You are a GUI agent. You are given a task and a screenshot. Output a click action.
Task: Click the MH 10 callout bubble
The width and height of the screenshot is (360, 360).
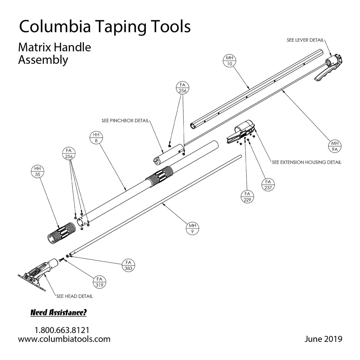pos(229,60)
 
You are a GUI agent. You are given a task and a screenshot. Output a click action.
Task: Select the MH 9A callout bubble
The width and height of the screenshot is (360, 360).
pos(335,146)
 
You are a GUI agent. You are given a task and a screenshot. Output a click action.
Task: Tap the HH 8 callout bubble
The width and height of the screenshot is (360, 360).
pos(96,138)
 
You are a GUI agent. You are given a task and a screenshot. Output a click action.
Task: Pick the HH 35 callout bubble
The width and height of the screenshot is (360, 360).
pos(38,172)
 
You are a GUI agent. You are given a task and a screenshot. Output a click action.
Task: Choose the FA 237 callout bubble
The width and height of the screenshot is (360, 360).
pos(268,184)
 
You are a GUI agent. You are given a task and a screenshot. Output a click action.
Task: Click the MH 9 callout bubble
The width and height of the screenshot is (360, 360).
pos(192,229)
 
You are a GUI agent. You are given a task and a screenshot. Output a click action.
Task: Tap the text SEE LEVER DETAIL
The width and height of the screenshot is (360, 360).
pos(305,40)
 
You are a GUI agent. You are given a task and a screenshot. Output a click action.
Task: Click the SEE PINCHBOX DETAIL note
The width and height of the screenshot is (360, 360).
pos(125,121)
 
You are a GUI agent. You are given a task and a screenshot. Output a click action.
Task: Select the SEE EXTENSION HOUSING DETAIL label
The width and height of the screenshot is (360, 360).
pos(306,162)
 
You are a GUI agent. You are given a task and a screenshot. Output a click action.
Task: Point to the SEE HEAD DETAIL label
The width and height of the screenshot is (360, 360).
pos(74,296)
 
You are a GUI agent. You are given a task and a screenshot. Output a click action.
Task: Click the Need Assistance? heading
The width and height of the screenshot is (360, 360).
pos(58,313)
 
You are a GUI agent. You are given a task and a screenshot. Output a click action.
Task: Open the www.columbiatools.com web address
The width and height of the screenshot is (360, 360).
pos(64,339)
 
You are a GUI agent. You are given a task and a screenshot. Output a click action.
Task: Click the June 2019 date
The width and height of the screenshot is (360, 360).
pos(323,339)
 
